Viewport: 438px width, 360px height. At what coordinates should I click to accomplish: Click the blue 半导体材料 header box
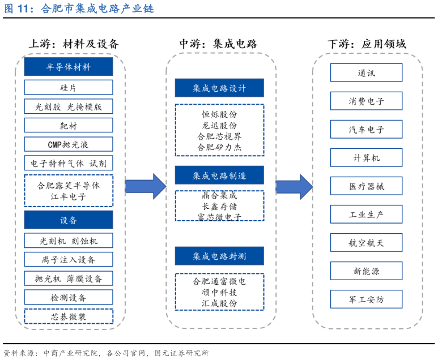[x=68, y=67]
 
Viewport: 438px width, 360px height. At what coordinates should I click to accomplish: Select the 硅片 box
[x=68, y=87]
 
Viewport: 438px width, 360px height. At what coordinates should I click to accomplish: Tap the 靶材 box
[x=68, y=125]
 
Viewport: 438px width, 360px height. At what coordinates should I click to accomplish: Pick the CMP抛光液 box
[x=68, y=144]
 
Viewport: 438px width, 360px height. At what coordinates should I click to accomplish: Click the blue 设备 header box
[x=68, y=220]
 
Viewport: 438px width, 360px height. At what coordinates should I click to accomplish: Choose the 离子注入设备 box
[x=68, y=259]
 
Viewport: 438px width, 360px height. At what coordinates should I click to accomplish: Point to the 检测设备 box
[x=68, y=297]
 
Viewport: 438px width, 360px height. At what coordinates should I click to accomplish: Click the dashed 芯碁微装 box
[x=68, y=316]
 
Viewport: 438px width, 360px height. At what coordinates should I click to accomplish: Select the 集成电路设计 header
[x=219, y=88]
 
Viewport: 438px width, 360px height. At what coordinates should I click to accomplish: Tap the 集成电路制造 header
[x=219, y=175]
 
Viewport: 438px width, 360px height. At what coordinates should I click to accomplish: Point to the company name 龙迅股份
[x=219, y=125]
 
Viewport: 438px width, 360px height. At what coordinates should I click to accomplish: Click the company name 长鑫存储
[x=219, y=205]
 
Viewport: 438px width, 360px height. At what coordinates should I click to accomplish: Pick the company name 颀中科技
[x=219, y=292]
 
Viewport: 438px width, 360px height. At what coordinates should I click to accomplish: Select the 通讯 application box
[x=366, y=73]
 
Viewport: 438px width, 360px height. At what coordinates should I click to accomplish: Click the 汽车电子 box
[x=366, y=130]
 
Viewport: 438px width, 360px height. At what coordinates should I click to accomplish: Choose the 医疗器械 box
[x=366, y=186]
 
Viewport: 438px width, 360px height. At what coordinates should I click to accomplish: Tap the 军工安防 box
[x=366, y=299]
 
